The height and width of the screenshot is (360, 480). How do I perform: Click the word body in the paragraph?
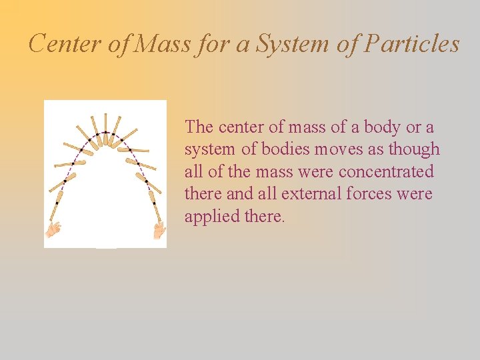click(382, 127)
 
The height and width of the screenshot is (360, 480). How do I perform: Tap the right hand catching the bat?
click(159, 231)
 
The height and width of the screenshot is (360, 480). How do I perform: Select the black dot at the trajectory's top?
click(105, 133)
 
